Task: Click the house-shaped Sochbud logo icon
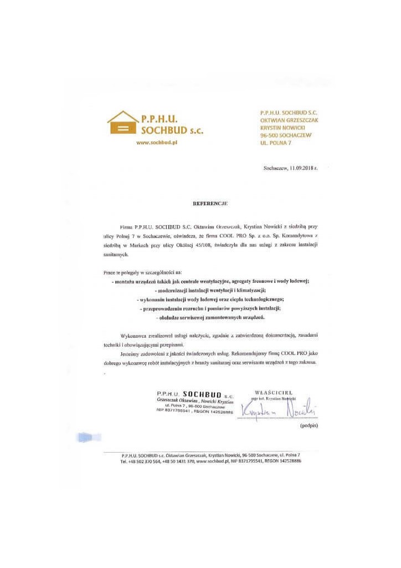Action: click(x=122, y=123)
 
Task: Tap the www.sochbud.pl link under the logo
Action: click(x=160, y=143)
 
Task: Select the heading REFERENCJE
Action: click(x=210, y=204)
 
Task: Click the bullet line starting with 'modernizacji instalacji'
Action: click(x=209, y=290)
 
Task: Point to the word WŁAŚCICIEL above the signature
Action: click(x=274, y=392)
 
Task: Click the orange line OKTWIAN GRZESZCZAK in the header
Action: click(x=289, y=119)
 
